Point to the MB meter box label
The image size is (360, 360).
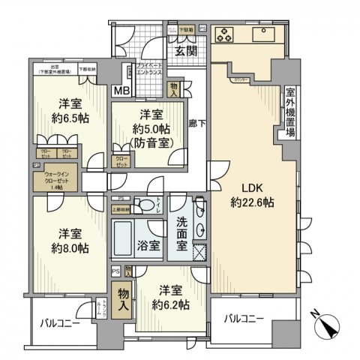point(120,91)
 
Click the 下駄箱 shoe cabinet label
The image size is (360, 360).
point(185,30)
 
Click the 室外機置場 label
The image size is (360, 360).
point(289,112)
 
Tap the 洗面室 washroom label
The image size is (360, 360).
point(182,227)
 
